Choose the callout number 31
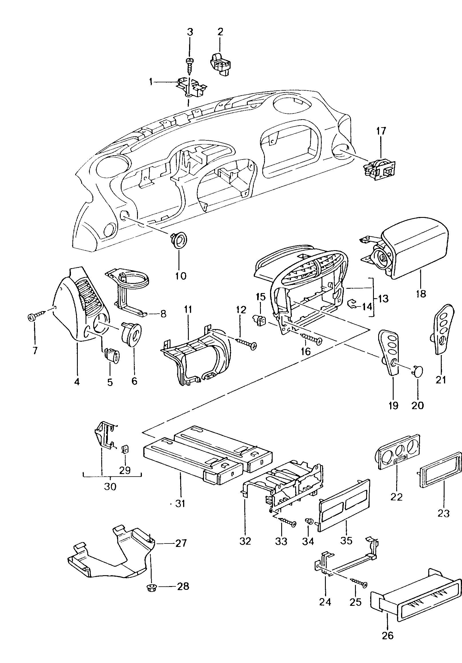click(x=180, y=503)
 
